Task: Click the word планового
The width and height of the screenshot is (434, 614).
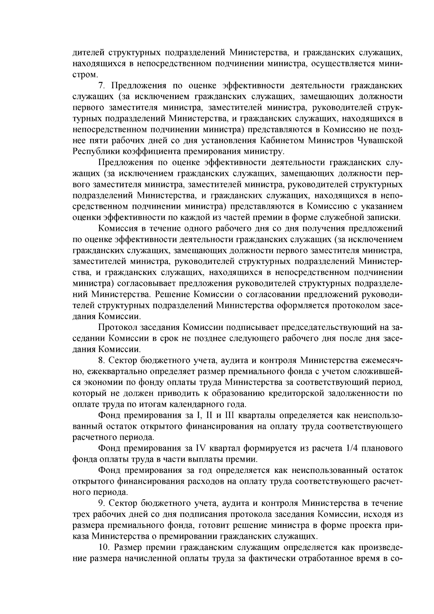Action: [x=382, y=449]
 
